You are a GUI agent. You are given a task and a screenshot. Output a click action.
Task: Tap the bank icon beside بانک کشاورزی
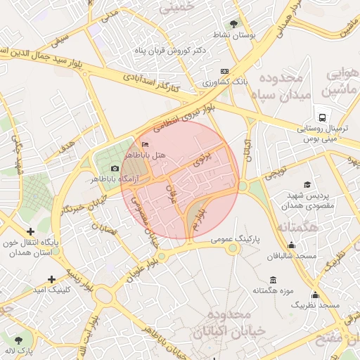coord(224,71)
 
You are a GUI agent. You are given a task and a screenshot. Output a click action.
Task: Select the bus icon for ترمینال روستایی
coord(321,117)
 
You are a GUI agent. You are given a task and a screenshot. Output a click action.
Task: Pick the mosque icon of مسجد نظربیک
coord(315,295)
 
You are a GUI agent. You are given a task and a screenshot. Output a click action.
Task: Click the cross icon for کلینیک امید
coord(51,278)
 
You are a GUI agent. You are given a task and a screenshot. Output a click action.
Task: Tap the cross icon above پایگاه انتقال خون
coord(30,231)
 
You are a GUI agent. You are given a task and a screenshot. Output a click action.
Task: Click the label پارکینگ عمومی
coord(236,239)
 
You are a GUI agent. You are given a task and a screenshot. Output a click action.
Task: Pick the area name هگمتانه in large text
coord(297,228)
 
